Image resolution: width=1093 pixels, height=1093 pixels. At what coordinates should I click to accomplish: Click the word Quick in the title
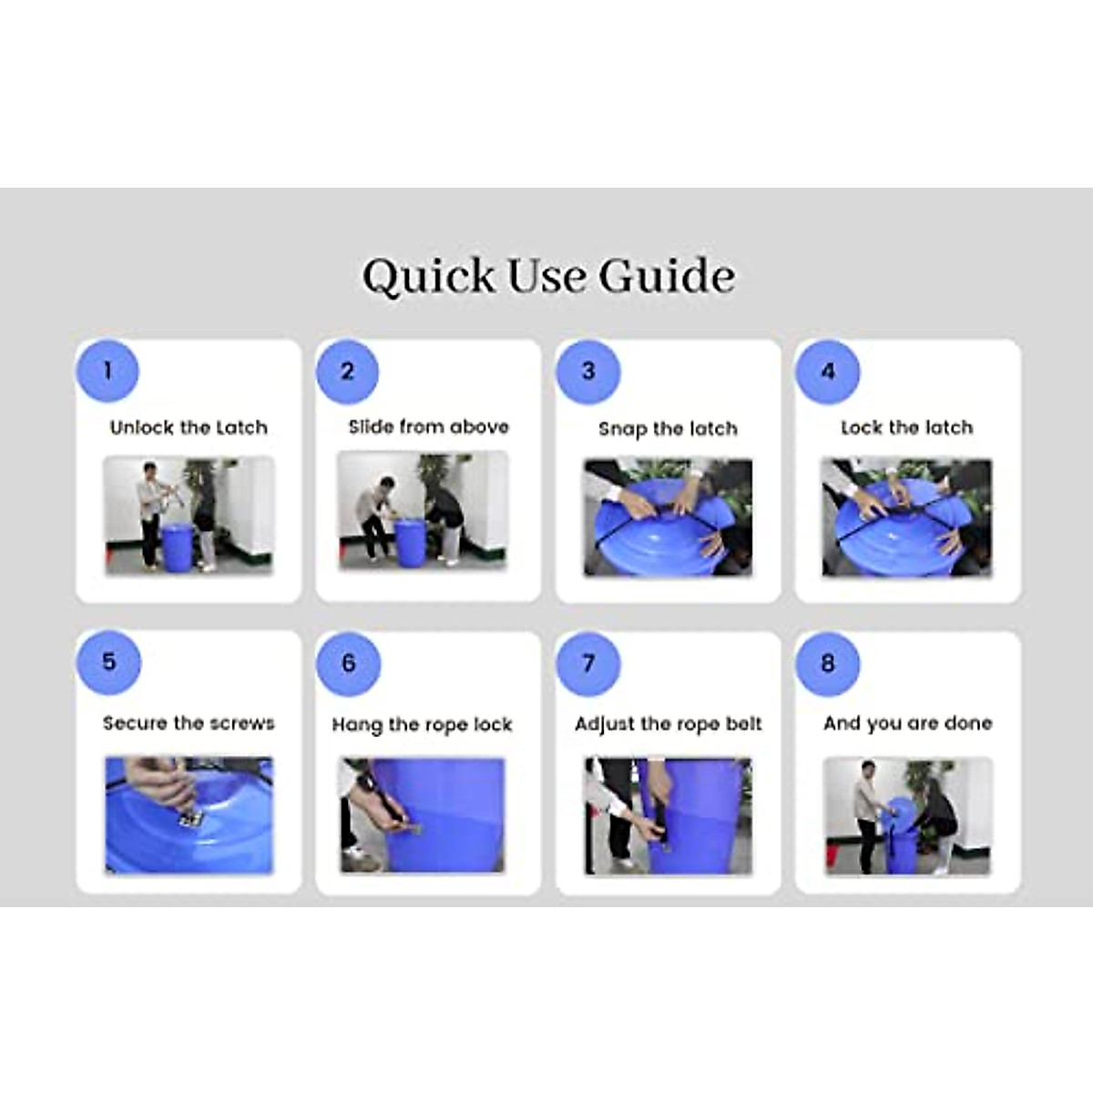428,277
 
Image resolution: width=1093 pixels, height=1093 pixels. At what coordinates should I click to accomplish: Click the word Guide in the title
667,276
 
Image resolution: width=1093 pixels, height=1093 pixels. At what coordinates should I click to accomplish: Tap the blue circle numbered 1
107,371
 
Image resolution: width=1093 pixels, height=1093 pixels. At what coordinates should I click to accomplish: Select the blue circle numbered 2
347,372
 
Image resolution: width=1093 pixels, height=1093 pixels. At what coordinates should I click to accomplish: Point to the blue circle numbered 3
588,372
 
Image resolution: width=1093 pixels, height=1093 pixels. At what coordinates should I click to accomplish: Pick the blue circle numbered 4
828,373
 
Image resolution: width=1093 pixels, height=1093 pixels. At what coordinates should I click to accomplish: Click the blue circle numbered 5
108,662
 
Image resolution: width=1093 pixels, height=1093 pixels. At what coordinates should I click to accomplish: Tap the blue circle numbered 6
348,664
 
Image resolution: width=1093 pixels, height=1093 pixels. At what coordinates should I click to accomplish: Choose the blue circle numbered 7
588,664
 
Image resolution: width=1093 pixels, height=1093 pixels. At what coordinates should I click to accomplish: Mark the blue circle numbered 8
828,664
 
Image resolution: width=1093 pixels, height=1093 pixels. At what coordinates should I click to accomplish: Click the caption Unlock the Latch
189,427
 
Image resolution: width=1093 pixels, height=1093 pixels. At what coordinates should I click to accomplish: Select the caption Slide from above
429,426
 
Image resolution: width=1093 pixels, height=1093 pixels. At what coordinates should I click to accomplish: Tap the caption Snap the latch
669,429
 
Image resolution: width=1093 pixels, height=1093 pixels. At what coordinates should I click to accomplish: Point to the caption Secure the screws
189,723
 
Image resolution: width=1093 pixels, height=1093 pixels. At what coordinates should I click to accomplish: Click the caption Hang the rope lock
422,725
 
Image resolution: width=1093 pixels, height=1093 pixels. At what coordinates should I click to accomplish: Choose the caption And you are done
907,724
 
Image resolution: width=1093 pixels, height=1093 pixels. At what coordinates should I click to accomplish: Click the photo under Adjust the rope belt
669,815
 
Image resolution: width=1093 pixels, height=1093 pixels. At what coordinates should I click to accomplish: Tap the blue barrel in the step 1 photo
179,546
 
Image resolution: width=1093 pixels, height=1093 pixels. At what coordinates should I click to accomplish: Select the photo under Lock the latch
907,517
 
